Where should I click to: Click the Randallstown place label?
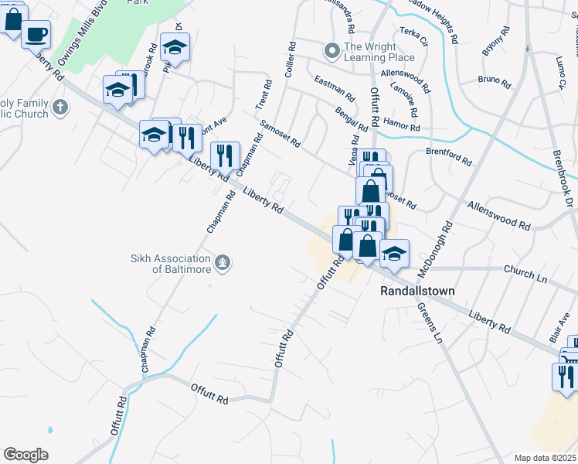417,291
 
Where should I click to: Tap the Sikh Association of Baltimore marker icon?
223,263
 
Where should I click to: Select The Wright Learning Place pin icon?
332,52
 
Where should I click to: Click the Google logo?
25,455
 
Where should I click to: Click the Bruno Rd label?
495,80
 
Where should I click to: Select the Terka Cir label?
414,44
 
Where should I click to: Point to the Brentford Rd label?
448,156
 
